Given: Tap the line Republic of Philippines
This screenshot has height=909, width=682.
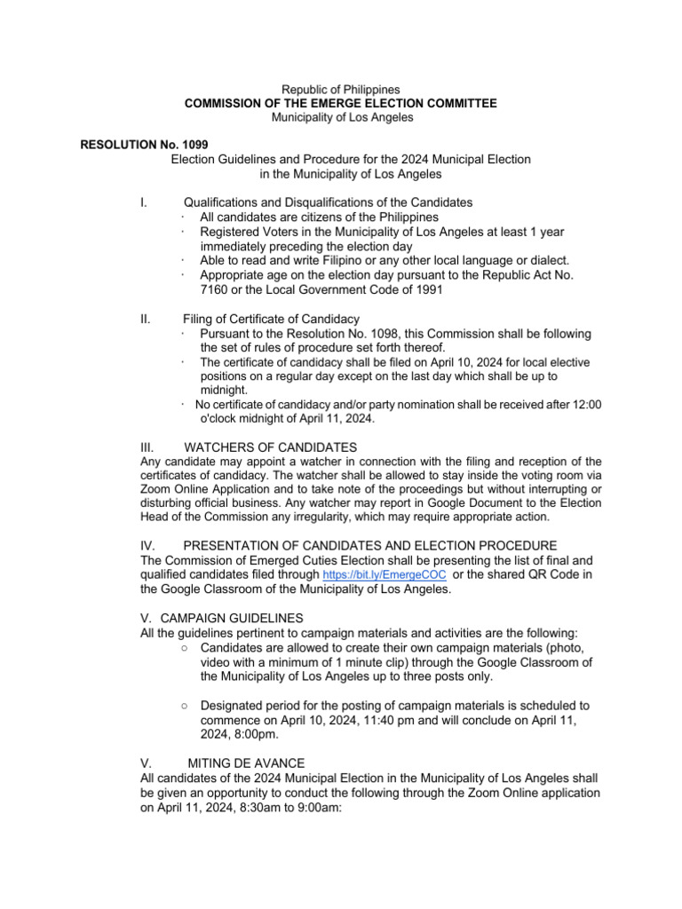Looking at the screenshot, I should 340,90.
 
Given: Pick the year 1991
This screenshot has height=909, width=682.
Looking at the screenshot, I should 423,289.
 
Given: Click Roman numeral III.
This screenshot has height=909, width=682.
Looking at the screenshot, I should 149,447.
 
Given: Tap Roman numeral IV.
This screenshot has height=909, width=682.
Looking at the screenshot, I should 149,544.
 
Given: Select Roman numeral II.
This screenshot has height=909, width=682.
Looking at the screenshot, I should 146,319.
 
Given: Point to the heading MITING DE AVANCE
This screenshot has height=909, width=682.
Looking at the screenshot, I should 246,763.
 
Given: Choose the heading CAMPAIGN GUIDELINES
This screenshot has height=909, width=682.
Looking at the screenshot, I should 231,617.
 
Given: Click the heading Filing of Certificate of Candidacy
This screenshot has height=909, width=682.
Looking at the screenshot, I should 271,319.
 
